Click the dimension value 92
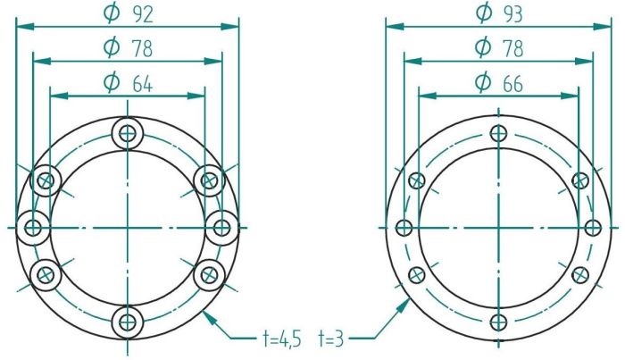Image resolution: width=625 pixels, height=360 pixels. pos(142,15)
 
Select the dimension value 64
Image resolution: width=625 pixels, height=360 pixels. pos(142,85)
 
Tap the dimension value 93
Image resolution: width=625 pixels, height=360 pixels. pos(512,15)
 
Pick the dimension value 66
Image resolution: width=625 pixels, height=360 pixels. pos(512,84)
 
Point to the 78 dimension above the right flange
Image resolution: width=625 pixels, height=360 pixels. pos(512,49)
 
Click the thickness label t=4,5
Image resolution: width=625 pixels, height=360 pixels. pos(282,339)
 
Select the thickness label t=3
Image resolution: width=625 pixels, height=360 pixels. pos(331,339)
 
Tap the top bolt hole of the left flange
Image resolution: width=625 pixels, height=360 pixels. pos(127,134)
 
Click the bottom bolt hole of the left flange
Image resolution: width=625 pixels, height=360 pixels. pos(127,322)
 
